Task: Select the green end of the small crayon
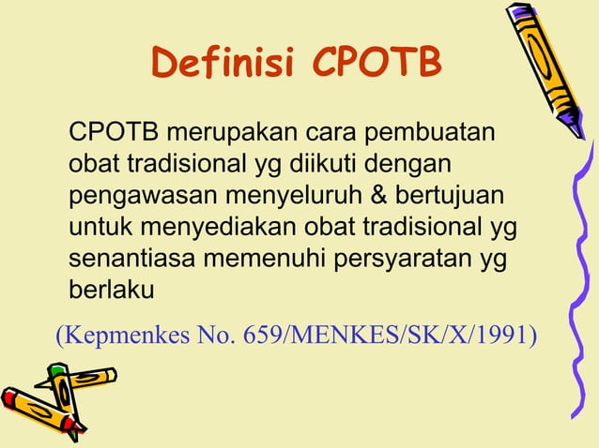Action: pyautogui.click(x=55, y=371)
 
